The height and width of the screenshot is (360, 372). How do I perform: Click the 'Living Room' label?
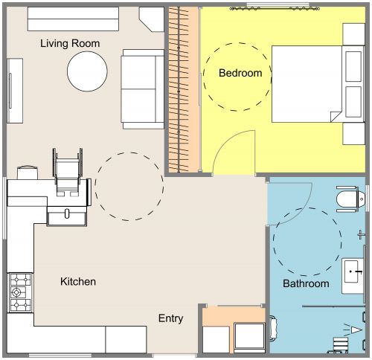(70, 43)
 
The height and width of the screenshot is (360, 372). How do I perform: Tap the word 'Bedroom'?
(240, 73)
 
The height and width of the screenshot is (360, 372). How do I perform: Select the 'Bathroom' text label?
(305, 283)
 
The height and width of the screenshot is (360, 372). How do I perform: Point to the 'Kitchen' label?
(77, 282)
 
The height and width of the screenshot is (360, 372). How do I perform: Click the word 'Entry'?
(170, 318)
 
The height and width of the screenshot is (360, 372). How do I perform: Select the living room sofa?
(142, 88)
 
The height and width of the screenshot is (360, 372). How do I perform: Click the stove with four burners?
(18, 292)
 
